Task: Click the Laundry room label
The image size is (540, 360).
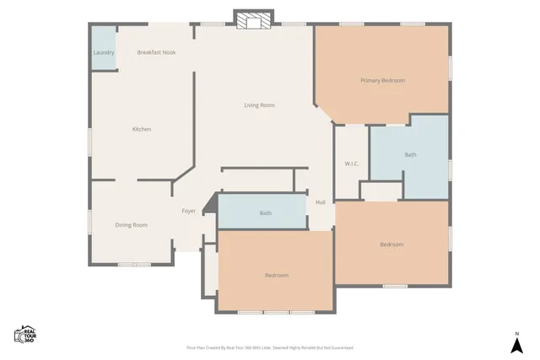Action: [x=103, y=52]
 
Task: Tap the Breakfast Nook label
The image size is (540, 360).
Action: [x=156, y=52]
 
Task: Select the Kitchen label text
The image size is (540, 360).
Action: [x=141, y=129]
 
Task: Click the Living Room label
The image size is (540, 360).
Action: [x=259, y=105]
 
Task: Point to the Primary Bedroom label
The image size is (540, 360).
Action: [x=382, y=81]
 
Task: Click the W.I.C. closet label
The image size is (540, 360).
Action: [x=352, y=163]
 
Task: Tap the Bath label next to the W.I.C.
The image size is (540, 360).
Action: [x=410, y=155]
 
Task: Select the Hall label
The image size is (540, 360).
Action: [x=321, y=202]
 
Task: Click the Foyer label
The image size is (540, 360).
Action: [x=189, y=211]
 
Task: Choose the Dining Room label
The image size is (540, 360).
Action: [x=131, y=225]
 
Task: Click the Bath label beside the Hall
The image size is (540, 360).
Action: [x=265, y=213]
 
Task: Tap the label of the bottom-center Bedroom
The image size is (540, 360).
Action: [x=276, y=276]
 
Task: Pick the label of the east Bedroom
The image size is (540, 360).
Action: [x=391, y=244]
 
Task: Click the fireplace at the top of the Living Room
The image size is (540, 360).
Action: [x=254, y=20]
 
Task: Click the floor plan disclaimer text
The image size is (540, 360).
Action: [x=270, y=347]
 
